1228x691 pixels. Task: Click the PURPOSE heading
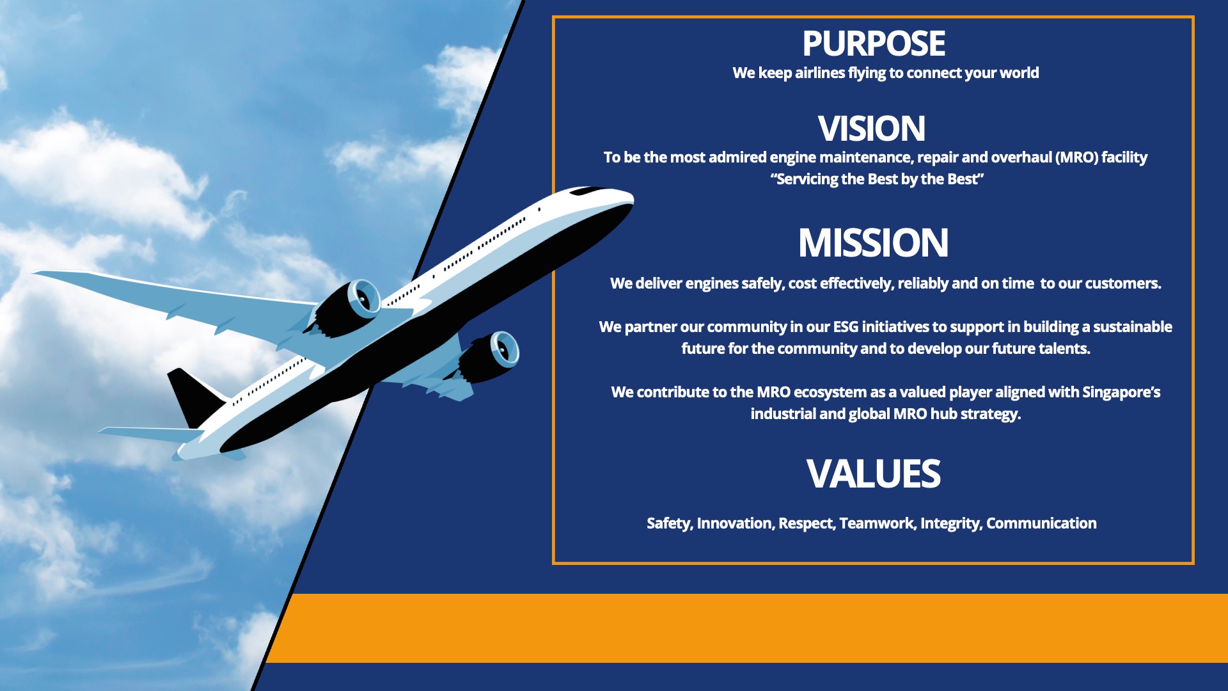874,44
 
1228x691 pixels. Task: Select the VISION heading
872,129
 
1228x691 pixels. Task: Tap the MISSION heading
874,243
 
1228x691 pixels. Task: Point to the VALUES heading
874,474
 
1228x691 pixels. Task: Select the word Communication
1041,523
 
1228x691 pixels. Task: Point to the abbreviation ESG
846,327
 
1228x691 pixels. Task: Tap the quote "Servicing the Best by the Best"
877,179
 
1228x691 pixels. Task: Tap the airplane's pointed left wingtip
36,273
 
